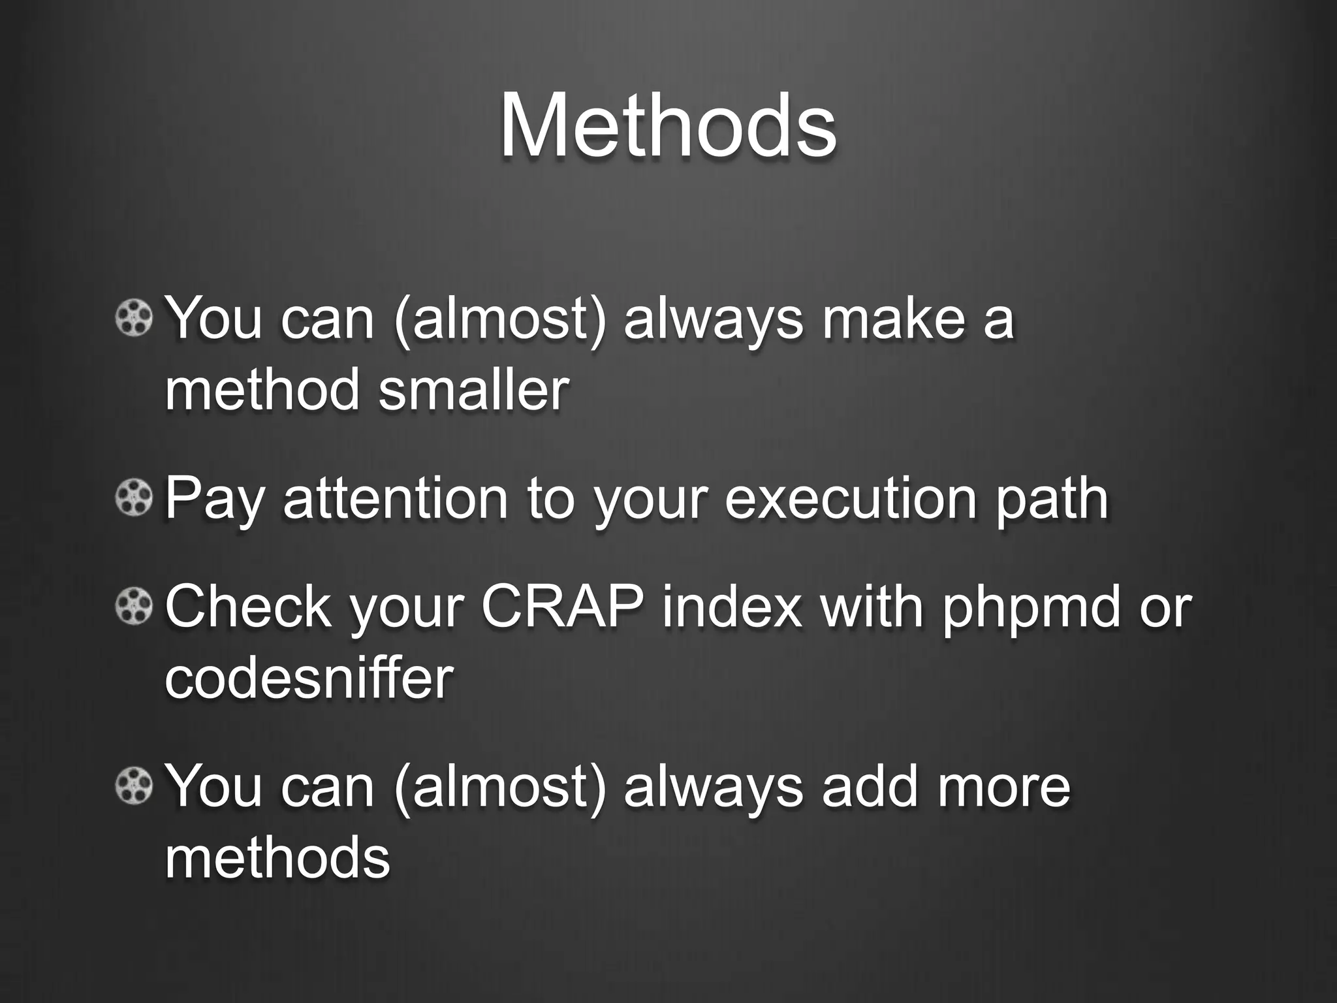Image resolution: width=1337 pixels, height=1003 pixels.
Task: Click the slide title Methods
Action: pos(668,125)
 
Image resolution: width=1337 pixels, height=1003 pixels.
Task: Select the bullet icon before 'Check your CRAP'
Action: pos(134,607)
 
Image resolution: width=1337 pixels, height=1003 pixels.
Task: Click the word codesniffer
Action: pos(309,678)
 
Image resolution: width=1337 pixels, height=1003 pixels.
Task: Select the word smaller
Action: pos(473,390)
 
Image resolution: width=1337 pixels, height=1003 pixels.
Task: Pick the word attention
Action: pos(395,499)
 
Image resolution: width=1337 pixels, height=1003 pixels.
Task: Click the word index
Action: pos(732,607)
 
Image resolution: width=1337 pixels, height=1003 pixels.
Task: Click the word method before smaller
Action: pos(262,390)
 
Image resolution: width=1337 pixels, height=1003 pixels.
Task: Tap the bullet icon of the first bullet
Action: pos(134,319)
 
